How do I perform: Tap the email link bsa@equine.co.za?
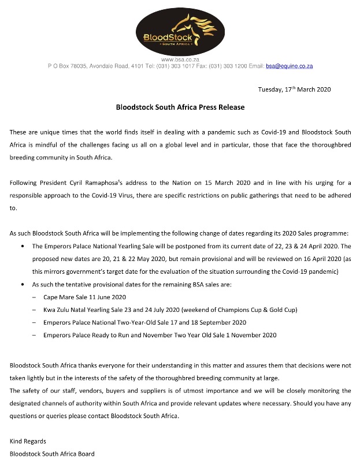[289, 66]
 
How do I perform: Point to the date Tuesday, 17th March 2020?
[294, 90]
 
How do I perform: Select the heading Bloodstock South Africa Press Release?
[180, 107]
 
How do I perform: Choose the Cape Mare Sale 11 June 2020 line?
[84, 297]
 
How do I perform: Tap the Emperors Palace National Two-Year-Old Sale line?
[145, 322]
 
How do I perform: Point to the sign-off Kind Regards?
[28, 441]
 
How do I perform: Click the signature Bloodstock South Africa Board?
[52, 453]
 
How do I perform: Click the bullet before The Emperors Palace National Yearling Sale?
[22, 247]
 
